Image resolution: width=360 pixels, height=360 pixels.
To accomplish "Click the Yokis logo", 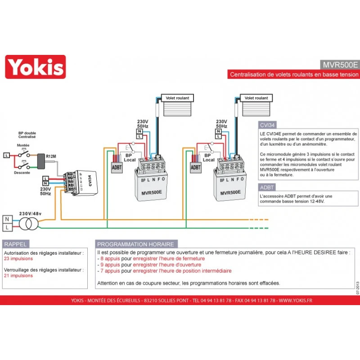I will (x=35, y=67).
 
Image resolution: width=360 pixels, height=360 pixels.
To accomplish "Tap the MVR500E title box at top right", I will (x=340, y=64).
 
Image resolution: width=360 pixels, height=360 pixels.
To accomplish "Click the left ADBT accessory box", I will (x=117, y=167).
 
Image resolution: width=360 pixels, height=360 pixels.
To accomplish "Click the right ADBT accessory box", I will (x=196, y=167).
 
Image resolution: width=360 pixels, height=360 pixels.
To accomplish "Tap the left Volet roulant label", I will (x=177, y=98).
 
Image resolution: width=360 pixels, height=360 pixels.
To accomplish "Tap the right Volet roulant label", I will (x=256, y=98).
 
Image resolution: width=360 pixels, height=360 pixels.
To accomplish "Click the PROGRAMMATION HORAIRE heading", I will (x=135, y=244).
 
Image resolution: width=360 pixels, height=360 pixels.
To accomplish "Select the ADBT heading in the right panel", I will (x=267, y=187).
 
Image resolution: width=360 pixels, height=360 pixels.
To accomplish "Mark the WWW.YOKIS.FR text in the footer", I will (x=295, y=300).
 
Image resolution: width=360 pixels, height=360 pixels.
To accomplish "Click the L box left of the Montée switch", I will (x=6, y=155).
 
